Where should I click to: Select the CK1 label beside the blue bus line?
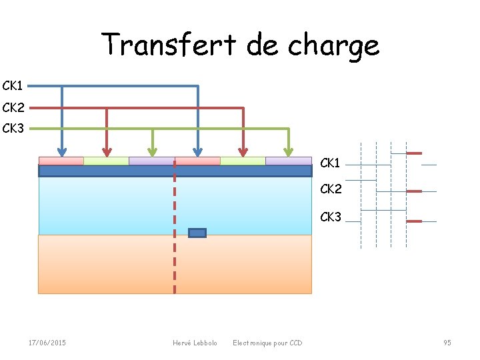(13, 86)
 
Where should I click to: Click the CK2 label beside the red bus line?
(13, 107)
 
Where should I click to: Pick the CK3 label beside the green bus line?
(13, 128)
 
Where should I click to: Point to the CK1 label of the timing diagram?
(331, 163)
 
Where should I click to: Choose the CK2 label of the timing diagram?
(331, 189)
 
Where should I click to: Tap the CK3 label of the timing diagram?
(331, 217)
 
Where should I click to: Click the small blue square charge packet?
(197, 233)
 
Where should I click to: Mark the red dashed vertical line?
(175, 253)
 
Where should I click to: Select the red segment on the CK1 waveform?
(414, 153)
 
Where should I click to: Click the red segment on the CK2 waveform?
(414, 191)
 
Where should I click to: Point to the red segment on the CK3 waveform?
(414, 221)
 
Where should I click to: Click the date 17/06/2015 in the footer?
(47, 343)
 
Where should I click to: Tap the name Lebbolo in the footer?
(204, 343)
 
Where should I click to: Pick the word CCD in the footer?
(295, 343)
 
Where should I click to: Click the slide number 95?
(447, 343)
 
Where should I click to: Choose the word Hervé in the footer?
(181, 343)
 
